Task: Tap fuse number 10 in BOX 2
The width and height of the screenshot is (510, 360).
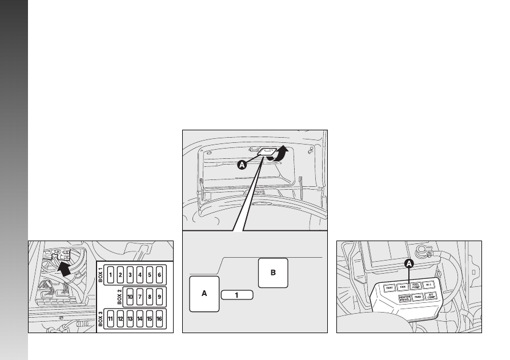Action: coord(130,297)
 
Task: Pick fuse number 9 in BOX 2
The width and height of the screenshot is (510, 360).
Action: coord(159,297)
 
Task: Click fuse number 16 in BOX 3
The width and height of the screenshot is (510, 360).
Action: coord(159,319)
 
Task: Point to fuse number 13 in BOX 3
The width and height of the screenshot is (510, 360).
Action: coord(130,319)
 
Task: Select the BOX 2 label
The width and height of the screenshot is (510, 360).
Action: coord(120,297)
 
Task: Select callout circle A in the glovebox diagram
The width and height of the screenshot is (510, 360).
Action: coord(242,165)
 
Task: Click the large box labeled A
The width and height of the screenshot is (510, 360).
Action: coord(204,293)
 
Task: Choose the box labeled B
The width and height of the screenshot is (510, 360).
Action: coord(273,273)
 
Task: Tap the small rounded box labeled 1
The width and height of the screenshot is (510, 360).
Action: coord(236,295)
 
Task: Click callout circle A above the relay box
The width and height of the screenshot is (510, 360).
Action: coord(409,263)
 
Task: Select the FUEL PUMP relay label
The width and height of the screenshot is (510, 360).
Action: coord(416,286)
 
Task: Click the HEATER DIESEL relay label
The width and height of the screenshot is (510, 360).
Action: coord(404,298)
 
